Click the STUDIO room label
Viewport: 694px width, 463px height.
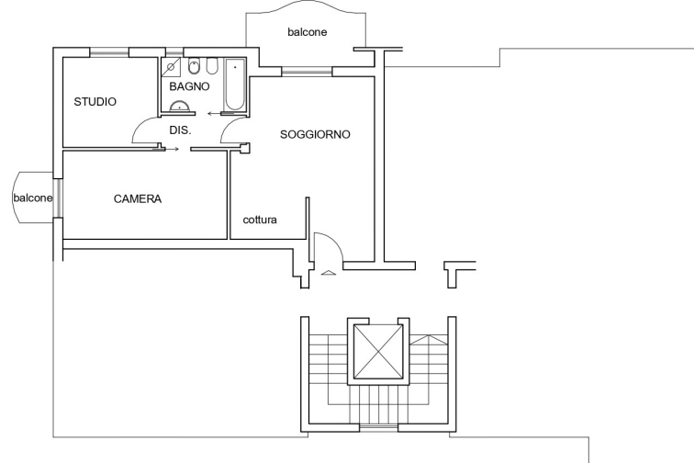[95, 102]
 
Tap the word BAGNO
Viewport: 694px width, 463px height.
[189, 86]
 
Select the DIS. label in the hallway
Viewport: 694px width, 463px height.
[179, 130]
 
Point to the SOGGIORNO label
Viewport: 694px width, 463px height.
[316, 134]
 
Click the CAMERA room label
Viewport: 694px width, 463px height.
[138, 198]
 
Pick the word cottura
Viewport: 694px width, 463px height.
[260, 220]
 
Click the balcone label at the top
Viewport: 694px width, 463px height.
[308, 32]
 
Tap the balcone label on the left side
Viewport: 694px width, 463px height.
[32, 198]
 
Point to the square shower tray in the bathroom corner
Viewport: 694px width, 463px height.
[171, 67]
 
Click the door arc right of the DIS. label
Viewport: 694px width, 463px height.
[222, 136]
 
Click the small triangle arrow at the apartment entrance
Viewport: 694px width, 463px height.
[326, 272]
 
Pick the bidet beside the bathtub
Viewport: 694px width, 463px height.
[211, 67]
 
